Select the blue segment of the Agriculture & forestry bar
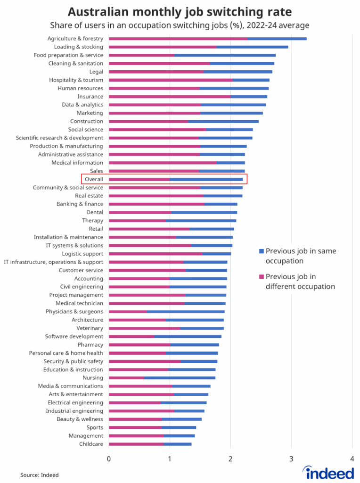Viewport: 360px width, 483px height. coord(277,39)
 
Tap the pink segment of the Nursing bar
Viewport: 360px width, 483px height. coord(126,378)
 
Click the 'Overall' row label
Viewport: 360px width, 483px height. coord(94,179)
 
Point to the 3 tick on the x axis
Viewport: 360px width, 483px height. coord(291,458)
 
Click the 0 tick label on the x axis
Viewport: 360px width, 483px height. coord(109,458)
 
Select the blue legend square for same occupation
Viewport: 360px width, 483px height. coord(261,251)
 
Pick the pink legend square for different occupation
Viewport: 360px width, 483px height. coord(261,277)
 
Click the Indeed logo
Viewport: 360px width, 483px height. coord(328,472)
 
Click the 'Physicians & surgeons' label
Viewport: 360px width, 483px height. coord(74,311)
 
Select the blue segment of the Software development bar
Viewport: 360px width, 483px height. coord(188,336)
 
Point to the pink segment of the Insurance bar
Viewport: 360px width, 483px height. coord(170,97)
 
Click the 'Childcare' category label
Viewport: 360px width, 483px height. coord(91,444)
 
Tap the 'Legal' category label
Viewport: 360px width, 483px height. coord(96,72)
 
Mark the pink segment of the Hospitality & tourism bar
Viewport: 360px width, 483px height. coord(171,80)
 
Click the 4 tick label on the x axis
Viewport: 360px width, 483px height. coord(352,458)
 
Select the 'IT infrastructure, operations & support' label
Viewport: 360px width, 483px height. coord(53,262)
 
